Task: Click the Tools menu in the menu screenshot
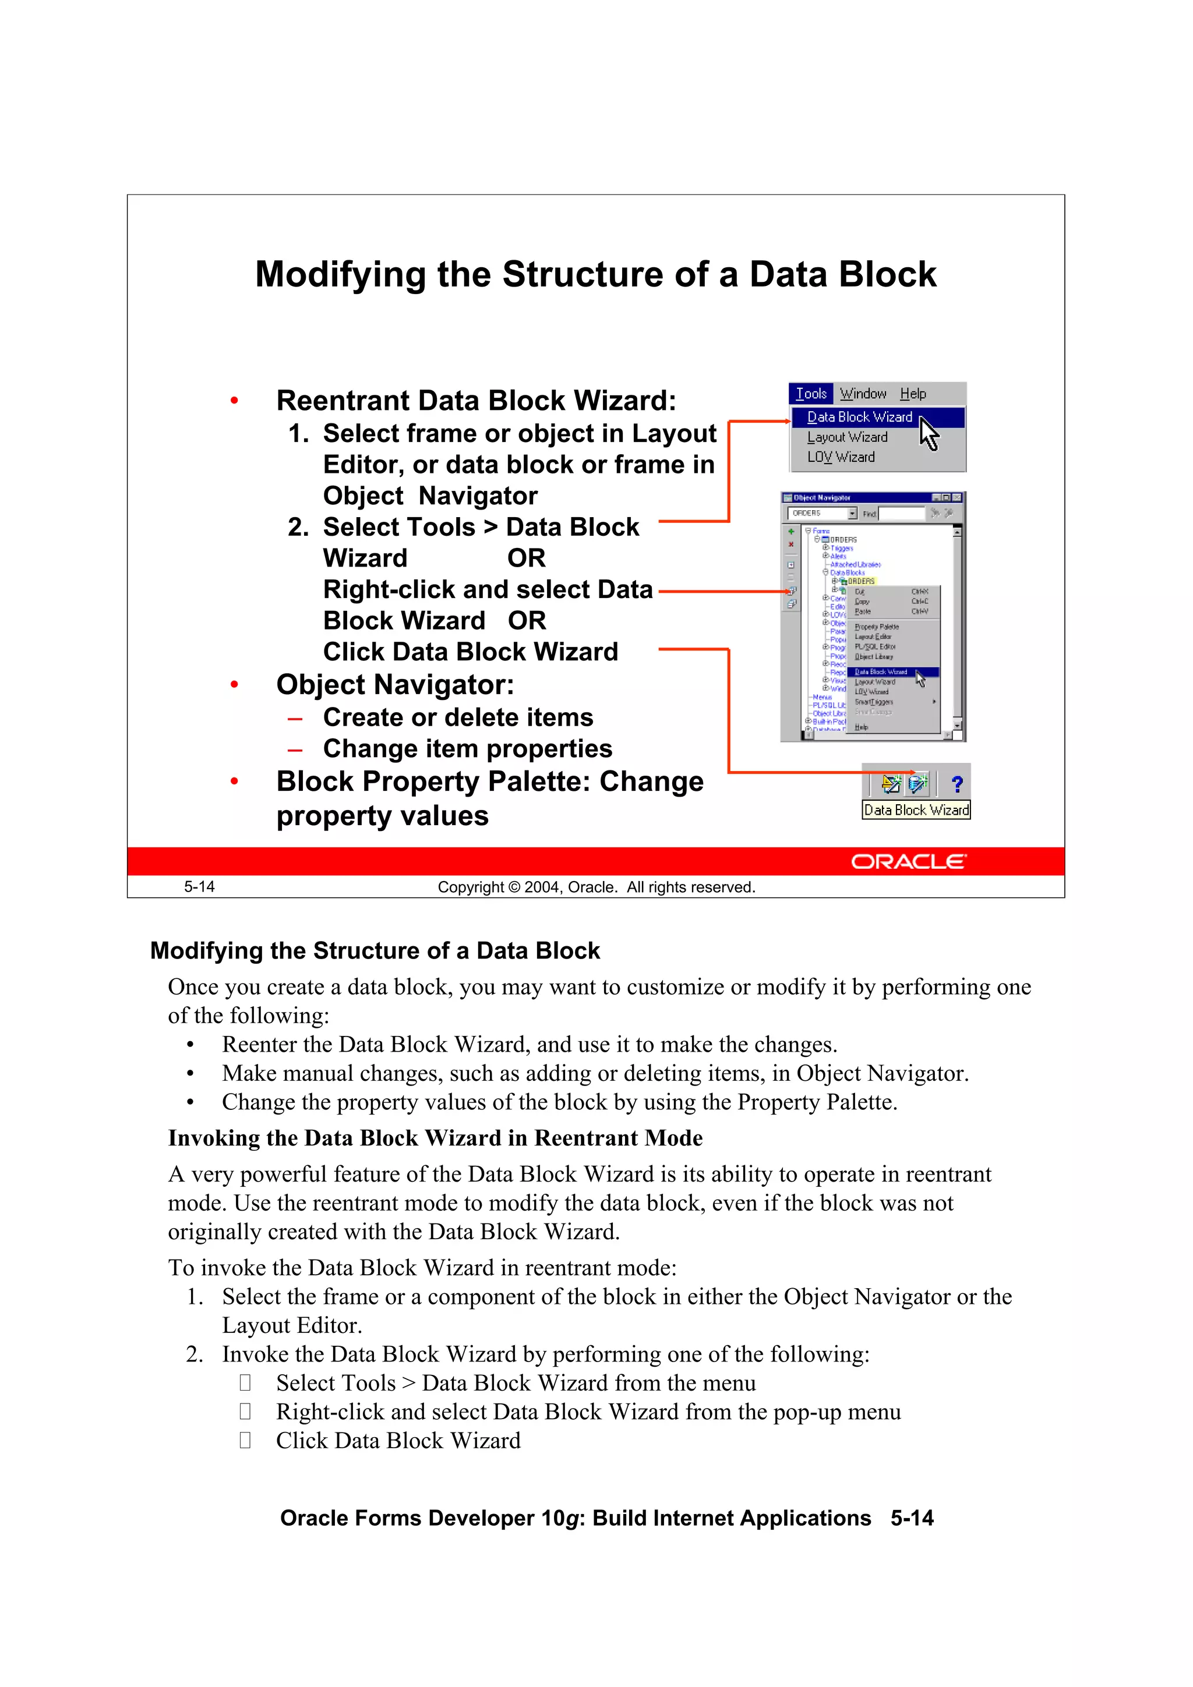coord(811,394)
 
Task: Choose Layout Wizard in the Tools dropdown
coord(847,437)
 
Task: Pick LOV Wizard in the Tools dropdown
coord(841,457)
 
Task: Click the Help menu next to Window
coord(912,394)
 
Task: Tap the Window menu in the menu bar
coord(863,394)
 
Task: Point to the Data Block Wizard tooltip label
coord(916,809)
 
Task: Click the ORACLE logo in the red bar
coord(909,861)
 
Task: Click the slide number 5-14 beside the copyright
coord(199,887)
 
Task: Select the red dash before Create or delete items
coord(295,718)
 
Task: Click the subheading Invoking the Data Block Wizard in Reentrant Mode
coord(435,1137)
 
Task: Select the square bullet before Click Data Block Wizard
coord(245,1440)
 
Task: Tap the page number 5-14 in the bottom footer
coord(912,1518)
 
